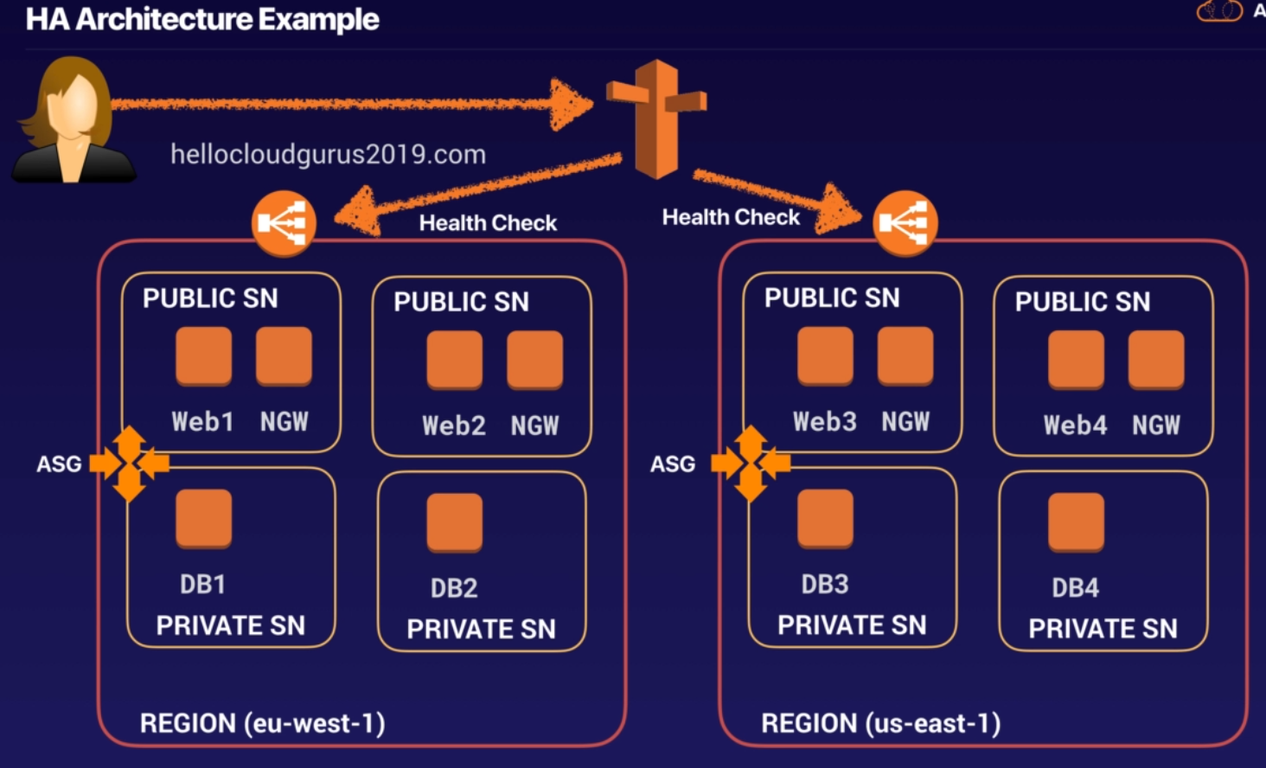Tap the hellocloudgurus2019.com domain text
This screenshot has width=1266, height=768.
coord(328,155)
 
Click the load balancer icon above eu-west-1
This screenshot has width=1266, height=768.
coord(284,223)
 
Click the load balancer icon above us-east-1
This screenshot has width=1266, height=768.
coord(905,223)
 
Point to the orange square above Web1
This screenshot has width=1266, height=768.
coord(203,355)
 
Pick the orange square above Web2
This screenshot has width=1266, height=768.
coord(454,359)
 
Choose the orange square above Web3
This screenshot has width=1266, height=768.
coord(825,355)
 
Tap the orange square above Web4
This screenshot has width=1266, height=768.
coord(1076,359)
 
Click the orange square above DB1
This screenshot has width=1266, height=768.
coord(203,518)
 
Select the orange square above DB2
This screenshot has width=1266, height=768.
coord(454,522)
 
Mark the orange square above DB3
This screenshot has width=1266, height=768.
coord(825,518)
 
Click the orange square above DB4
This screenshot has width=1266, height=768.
coord(1076,522)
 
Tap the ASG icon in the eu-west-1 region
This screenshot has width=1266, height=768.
coord(130,464)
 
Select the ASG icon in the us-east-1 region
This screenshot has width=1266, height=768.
coord(751,464)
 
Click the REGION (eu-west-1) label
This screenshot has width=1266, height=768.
coord(262,723)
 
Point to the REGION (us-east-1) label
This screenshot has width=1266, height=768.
coord(880,723)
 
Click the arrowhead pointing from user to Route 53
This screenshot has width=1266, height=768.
coord(571,105)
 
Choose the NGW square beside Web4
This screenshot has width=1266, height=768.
coord(1156,359)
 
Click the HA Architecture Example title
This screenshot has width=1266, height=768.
coord(202,19)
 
